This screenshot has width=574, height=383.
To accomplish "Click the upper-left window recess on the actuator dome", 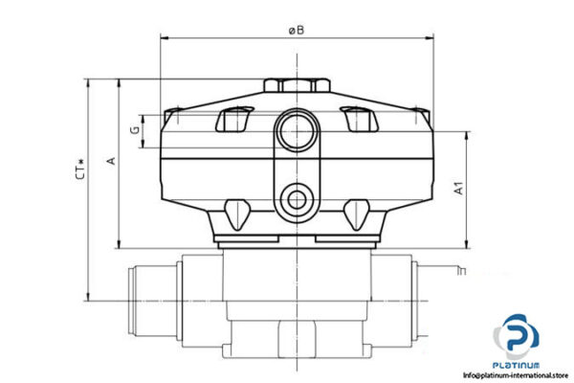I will pos(232,119).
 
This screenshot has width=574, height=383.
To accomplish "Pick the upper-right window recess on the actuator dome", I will pos(355,119).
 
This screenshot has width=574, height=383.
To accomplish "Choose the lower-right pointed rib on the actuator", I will pos(355,210).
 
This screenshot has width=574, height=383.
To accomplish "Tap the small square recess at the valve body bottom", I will pos(294,340).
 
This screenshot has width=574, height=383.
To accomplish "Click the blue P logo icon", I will pos(519,338).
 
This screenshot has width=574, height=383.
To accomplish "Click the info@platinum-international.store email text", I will pos(518,376).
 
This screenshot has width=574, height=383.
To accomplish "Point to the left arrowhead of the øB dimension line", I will pos(163,39).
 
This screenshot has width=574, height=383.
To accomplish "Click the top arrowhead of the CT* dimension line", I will pos(90,83).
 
